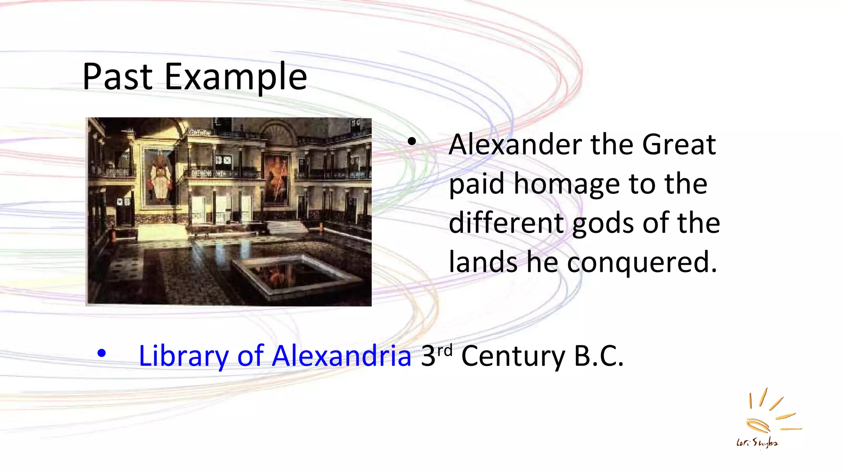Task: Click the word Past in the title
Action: click(118, 77)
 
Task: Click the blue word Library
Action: click(183, 356)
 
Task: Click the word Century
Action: click(513, 356)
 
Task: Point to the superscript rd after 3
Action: click(445, 350)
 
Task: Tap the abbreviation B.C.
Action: click(599, 356)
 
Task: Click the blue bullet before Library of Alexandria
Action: click(102, 354)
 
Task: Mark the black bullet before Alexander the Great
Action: click(412, 142)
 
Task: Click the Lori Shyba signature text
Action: click(757, 443)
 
